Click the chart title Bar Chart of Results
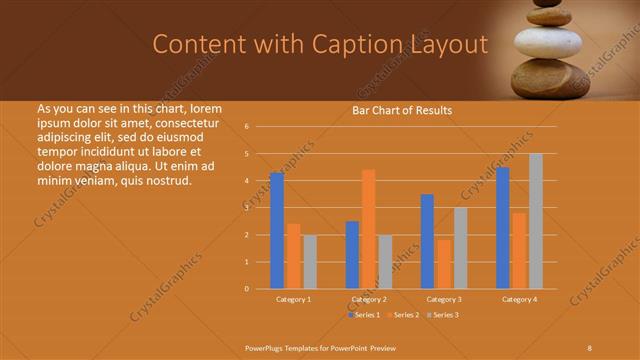pos(402,110)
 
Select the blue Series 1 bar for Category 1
pos(277,231)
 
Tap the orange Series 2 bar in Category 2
pos(368,229)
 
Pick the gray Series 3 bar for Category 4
pos(536,221)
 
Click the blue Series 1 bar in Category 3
pos(427,242)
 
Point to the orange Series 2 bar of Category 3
pos(443,264)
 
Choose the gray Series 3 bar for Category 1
pos(310,262)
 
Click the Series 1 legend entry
pos(364,315)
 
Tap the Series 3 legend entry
pos(444,315)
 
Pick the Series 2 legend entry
pos(404,315)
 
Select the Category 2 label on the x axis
pos(369,299)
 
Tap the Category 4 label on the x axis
pos(519,299)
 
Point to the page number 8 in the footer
pos(590,346)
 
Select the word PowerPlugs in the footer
pos(266,346)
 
